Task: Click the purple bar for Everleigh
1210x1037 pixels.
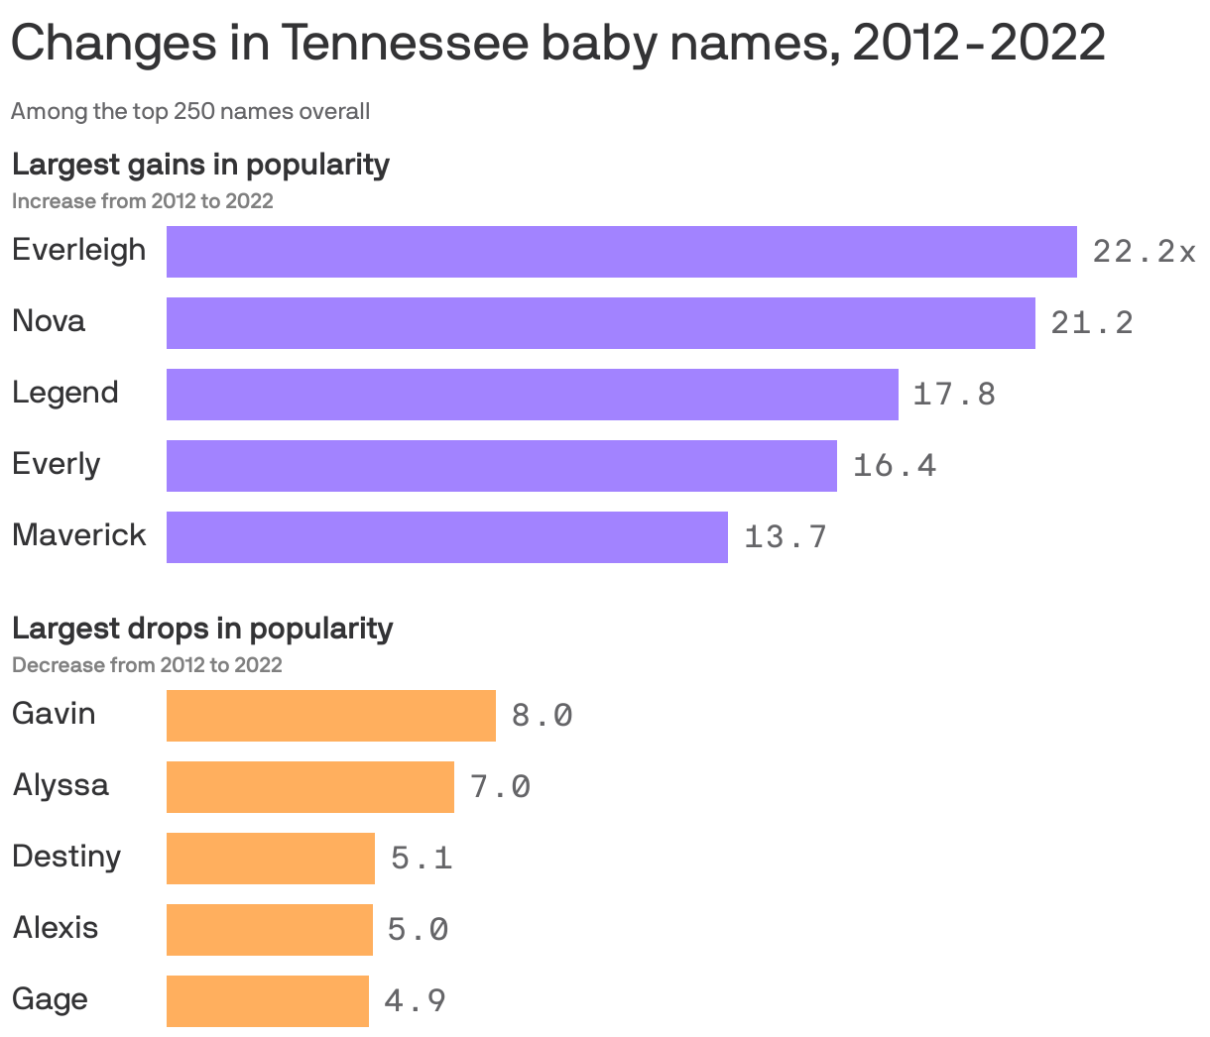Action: [x=621, y=252]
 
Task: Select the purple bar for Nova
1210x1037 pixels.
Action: [x=600, y=323]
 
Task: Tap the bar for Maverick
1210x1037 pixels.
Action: [x=446, y=537]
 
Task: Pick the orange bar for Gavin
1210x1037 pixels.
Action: [x=330, y=716]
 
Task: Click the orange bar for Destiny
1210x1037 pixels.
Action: [x=270, y=859]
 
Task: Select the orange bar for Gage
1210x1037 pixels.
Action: [x=267, y=1001]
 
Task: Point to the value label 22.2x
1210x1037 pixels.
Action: [x=1144, y=252]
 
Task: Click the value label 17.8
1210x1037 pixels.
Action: [x=953, y=395]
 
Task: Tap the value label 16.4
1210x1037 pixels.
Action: [x=894, y=466]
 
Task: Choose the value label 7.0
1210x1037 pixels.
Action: [x=501, y=787]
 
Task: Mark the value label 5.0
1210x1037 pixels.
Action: [x=418, y=930]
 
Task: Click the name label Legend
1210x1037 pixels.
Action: [x=65, y=393]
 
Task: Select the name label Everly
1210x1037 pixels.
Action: [x=57, y=464]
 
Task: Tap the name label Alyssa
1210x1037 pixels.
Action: [x=60, y=785]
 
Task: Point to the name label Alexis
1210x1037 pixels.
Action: [x=56, y=928]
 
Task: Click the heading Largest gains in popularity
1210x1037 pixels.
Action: [x=200, y=164]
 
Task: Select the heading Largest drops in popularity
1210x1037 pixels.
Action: [x=202, y=628]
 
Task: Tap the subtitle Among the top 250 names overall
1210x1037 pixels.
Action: [x=190, y=111]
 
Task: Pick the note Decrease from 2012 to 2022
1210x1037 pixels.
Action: [x=147, y=664]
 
